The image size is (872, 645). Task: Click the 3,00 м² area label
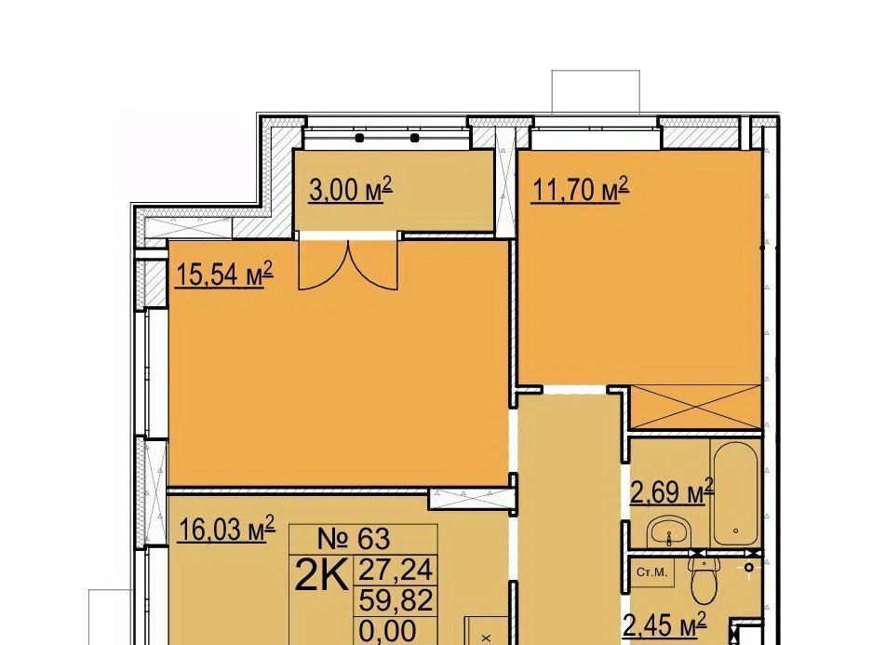pos(351,190)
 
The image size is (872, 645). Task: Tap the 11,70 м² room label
pos(580,190)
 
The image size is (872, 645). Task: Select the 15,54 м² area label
pos(224,275)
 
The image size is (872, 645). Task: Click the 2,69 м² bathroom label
pos(672,491)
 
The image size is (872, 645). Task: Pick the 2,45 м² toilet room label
pos(665,625)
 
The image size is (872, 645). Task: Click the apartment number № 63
pos(354,538)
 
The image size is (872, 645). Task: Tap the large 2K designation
pos(321,575)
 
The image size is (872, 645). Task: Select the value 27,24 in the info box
pos(396,570)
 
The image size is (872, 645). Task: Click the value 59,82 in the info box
pos(396,600)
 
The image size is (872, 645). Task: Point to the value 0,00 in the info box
pos(388,630)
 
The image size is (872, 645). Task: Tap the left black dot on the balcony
pos(360,138)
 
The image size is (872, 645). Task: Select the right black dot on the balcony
pos(414,138)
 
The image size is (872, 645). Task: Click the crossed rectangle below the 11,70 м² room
pos(695,407)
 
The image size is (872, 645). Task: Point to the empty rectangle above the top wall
pos(596,92)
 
